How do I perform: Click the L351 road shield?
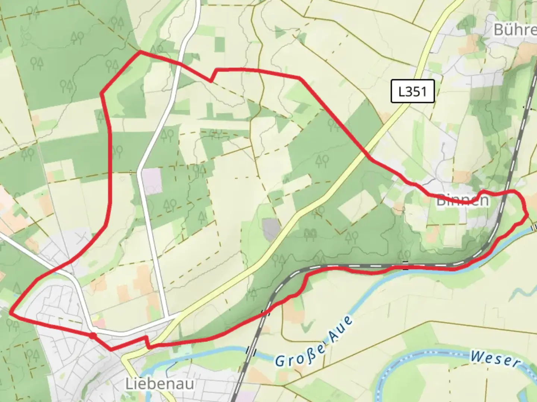pos(412,91)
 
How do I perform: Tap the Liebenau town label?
pos(160,383)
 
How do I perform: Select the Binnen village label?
pos(462,200)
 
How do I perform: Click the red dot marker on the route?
pos(92,336)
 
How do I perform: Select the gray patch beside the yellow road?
pos(271,229)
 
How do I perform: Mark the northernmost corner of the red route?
pos(140,52)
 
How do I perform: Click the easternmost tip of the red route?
pos(528,215)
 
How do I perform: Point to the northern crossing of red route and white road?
pos(180,64)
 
